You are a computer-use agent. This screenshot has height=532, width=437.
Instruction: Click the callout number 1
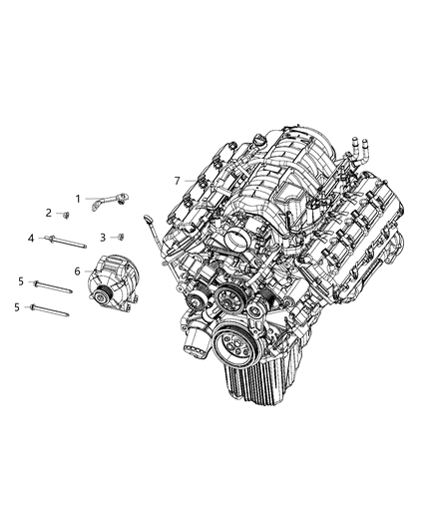(78, 199)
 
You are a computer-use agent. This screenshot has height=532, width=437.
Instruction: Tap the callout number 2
(48, 213)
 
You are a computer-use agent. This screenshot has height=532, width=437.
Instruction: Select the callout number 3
(104, 238)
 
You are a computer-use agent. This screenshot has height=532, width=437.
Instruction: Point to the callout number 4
(31, 238)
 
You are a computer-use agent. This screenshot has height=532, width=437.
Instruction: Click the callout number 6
(77, 270)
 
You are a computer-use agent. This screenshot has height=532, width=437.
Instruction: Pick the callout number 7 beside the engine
(177, 181)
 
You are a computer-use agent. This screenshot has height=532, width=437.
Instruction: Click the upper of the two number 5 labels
(20, 282)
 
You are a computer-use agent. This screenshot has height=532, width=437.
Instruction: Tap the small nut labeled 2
(65, 215)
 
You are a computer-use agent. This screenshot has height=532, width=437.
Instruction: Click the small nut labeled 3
(120, 237)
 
